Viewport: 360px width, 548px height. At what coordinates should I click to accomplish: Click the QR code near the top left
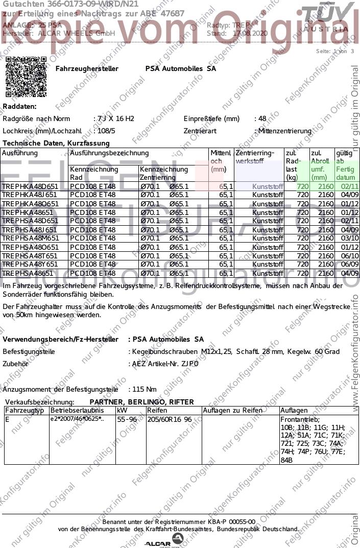tap(26, 77)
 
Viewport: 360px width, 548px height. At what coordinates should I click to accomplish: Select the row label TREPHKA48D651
tap(30, 186)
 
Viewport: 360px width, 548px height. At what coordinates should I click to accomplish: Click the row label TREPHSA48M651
tap(30, 239)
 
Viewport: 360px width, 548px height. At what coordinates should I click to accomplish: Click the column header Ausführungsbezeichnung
tap(109, 153)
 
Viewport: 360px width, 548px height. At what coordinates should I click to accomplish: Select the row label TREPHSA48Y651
tap(30, 265)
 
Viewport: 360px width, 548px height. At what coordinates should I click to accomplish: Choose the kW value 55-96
tap(127, 419)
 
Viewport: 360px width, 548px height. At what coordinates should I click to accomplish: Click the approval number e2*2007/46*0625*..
tap(77, 419)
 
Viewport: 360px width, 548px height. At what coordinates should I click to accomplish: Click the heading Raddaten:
tap(20, 106)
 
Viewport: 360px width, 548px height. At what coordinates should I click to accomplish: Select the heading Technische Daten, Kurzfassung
tap(56, 144)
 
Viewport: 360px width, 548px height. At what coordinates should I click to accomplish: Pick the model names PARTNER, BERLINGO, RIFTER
tap(141, 402)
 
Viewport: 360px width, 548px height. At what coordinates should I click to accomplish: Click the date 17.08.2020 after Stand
tap(250, 33)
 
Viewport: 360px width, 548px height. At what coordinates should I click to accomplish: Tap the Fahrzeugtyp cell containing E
tap(7, 419)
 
